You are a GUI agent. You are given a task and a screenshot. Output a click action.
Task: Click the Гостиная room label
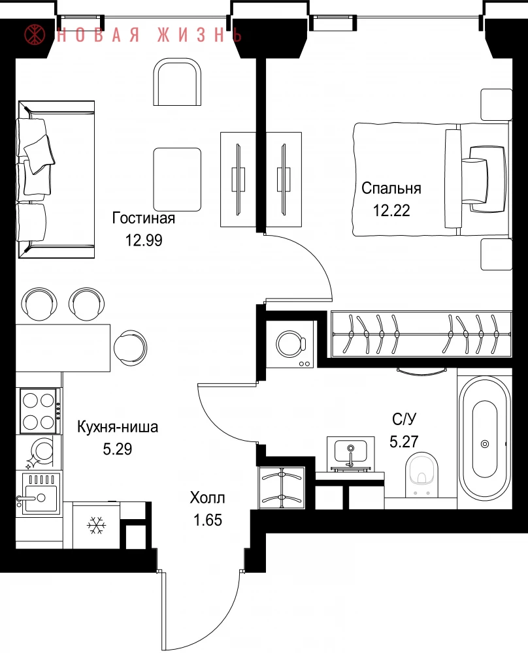click(x=143, y=218)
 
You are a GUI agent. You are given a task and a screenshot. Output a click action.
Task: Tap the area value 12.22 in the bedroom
click(x=391, y=210)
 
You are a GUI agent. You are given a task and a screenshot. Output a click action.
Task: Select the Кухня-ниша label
click(x=118, y=427)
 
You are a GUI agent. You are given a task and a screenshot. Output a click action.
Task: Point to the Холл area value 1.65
click(x=208, y=520)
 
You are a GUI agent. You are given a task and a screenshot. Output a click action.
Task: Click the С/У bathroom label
click(x=404, y=419)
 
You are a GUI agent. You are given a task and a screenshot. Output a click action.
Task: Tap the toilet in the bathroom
click(x=421, y=475)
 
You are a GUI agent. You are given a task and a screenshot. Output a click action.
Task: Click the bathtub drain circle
click(x=485, y=444)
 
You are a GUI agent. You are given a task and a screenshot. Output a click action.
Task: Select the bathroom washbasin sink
click(x=350, y=453)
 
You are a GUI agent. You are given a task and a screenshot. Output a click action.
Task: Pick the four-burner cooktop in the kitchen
click(x=39, y=411)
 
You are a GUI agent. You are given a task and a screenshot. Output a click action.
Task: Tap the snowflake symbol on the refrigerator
click(x=96, y=526)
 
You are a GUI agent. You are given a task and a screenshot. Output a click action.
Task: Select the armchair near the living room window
click(x=178, y=82)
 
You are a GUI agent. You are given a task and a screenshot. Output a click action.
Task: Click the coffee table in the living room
click(x=177, y=180)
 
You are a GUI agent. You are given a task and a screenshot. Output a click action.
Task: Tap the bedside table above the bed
click(x=497, y=104)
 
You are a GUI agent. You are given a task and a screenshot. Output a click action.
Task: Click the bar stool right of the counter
click(x=130, y=347)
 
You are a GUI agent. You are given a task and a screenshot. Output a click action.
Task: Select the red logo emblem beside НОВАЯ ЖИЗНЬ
click(x=35, y=35)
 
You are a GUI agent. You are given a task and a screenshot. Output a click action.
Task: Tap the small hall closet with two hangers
click(x=282, y=488)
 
